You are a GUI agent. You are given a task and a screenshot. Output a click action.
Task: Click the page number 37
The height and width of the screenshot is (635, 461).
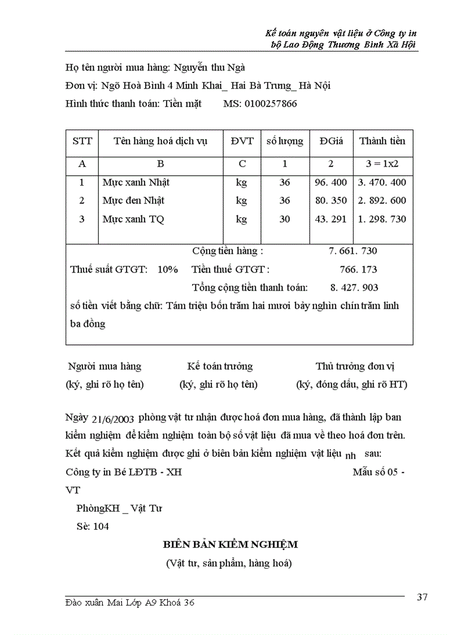[422, 598]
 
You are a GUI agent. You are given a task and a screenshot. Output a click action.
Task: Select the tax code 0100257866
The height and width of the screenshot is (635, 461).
[260, 103]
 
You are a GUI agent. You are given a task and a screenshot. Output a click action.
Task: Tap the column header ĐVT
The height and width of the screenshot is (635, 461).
[242, 141]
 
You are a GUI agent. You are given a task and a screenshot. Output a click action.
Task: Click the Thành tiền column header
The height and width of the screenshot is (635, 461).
[382, 141]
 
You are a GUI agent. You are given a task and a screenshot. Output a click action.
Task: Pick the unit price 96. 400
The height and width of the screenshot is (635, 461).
[330, 183]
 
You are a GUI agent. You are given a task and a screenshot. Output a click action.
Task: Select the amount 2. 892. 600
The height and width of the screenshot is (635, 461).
[382, 201]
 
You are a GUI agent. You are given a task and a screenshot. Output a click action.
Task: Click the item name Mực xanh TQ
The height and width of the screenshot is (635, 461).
[133, 219]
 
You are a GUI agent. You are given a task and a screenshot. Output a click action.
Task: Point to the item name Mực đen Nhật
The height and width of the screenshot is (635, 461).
[133, 201]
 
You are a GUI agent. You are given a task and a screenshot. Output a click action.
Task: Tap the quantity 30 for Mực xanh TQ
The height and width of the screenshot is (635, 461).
[284, 219]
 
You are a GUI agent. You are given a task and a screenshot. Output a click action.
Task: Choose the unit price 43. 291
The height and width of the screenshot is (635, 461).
[330, 219]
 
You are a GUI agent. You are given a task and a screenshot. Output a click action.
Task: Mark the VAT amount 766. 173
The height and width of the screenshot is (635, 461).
[359, 269]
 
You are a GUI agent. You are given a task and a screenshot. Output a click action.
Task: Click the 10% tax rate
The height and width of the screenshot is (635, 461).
[168, 269]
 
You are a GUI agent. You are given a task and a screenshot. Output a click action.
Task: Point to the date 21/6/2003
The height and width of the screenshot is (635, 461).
[112, 419]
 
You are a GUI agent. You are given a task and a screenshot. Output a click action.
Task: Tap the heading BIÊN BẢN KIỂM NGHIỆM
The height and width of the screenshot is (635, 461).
[230, 545]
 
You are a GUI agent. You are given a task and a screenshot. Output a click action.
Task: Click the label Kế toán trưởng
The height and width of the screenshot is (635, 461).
[220, 366]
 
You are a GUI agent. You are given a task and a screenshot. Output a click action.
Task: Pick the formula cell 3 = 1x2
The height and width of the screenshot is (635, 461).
[382, 164]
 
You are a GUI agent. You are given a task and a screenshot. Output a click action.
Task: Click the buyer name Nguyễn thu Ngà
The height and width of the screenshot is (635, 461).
[209, 68]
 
